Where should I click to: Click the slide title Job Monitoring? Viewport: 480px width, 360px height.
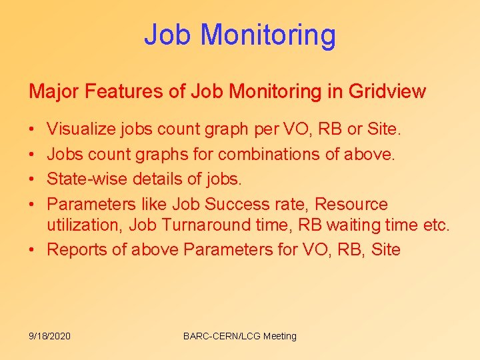pyautogui.click(x=240, y=35)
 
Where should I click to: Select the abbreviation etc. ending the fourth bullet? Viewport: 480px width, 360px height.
pyautogui.click(x=437, y=225)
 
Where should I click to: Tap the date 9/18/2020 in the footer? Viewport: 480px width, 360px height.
pyautogui.click(x=49, y=336)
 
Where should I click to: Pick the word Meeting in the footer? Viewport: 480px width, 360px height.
pyautogui.click(x=280, y=336)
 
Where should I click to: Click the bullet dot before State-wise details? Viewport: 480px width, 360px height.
pyautogui.click(x=33, y=179)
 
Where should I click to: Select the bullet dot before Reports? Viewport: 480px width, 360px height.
pyautogui.click(x=33, y=251)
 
